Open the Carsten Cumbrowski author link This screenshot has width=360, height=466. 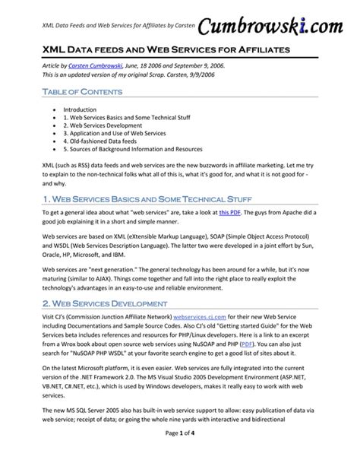pyautogui.click(x=96, y=67)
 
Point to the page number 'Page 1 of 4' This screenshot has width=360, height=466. pyautogui.click(x=179, y=454)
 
